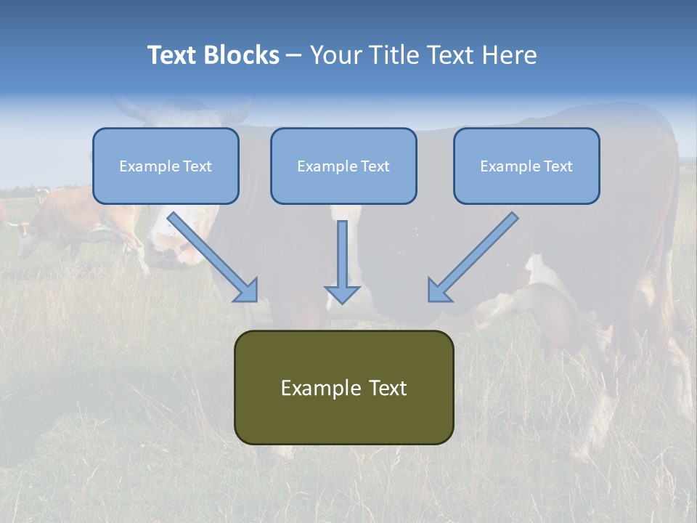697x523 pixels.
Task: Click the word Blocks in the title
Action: point(242,55)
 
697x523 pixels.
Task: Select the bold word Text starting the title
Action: point(172,55)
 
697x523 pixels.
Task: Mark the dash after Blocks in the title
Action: point(294,55)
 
